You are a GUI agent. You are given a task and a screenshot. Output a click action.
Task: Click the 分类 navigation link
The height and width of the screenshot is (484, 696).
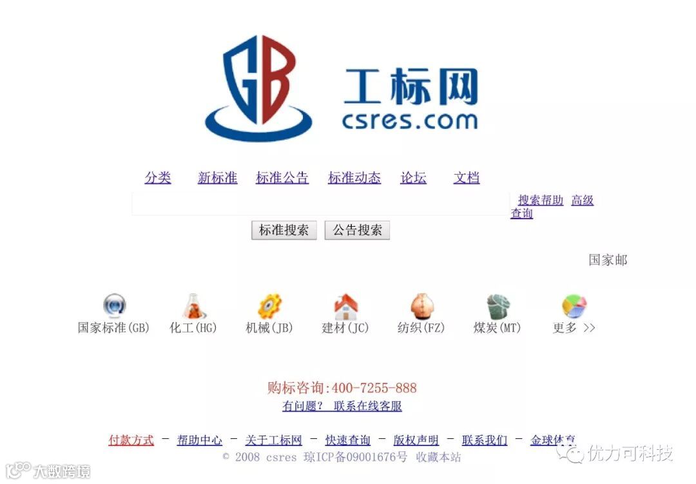tap(158, 178)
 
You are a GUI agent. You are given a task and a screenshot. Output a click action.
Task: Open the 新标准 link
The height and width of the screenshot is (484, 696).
tap(217, 178)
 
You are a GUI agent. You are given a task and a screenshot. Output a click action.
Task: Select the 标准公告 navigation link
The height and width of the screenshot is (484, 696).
tap(282, 178)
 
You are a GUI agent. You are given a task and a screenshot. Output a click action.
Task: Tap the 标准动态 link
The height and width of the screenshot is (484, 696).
tap(354, 178)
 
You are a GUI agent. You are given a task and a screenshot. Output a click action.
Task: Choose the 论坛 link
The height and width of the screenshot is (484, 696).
tap(413, 178)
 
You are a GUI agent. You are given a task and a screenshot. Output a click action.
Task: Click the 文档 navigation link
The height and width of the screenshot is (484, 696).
tap(467, 178)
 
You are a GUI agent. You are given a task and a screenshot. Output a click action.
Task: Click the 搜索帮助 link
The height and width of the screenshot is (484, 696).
tap(541, 200)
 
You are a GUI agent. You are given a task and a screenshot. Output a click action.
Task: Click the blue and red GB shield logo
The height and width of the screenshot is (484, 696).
tap(258, 87)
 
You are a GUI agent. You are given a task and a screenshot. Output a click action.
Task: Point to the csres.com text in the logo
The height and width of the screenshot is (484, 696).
tap(410, 120)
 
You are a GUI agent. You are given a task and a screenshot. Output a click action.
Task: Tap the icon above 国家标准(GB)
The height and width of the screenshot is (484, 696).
tap(114, 305)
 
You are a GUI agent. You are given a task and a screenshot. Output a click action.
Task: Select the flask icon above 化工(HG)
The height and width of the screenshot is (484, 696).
tap(193, 306)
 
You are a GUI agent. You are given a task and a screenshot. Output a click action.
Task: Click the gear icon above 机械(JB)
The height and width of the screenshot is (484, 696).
tap(269, 306)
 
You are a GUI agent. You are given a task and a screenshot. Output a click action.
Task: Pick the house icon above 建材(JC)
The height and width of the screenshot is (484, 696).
tap(345, 307)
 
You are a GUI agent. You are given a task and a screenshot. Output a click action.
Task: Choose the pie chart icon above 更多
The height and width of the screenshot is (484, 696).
tap(574, 306)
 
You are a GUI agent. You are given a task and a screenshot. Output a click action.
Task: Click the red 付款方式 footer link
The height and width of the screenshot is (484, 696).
tap(131, 440)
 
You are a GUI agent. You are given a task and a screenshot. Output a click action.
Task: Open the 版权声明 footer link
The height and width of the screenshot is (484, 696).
tap(416, 440)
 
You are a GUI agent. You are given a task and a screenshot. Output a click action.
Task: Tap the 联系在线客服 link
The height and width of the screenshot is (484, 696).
tap(367, 406)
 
